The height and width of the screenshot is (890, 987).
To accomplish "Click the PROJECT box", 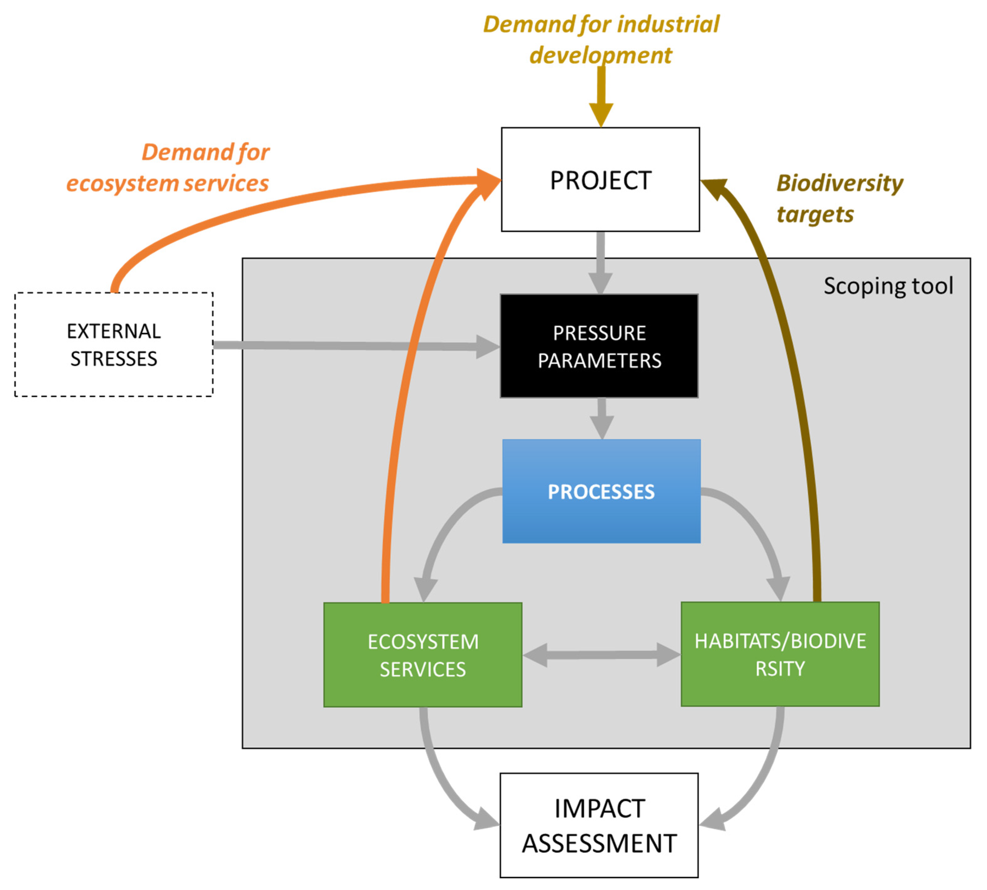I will coord(600,179).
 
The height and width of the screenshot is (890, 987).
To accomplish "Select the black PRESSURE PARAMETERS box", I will coord(599,346).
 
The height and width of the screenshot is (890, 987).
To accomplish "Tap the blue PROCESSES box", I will coord(601,491).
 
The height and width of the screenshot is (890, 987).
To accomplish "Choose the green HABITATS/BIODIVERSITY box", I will coord(780,654).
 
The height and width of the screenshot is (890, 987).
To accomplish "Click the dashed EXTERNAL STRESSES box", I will coord(114,344).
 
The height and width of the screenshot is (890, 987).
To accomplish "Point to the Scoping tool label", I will coord(888,285).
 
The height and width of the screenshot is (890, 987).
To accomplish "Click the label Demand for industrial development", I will coord(600,39).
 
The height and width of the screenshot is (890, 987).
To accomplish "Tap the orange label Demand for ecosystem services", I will coord(169,168).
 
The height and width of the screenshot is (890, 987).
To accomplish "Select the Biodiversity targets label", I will coord(839,198).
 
